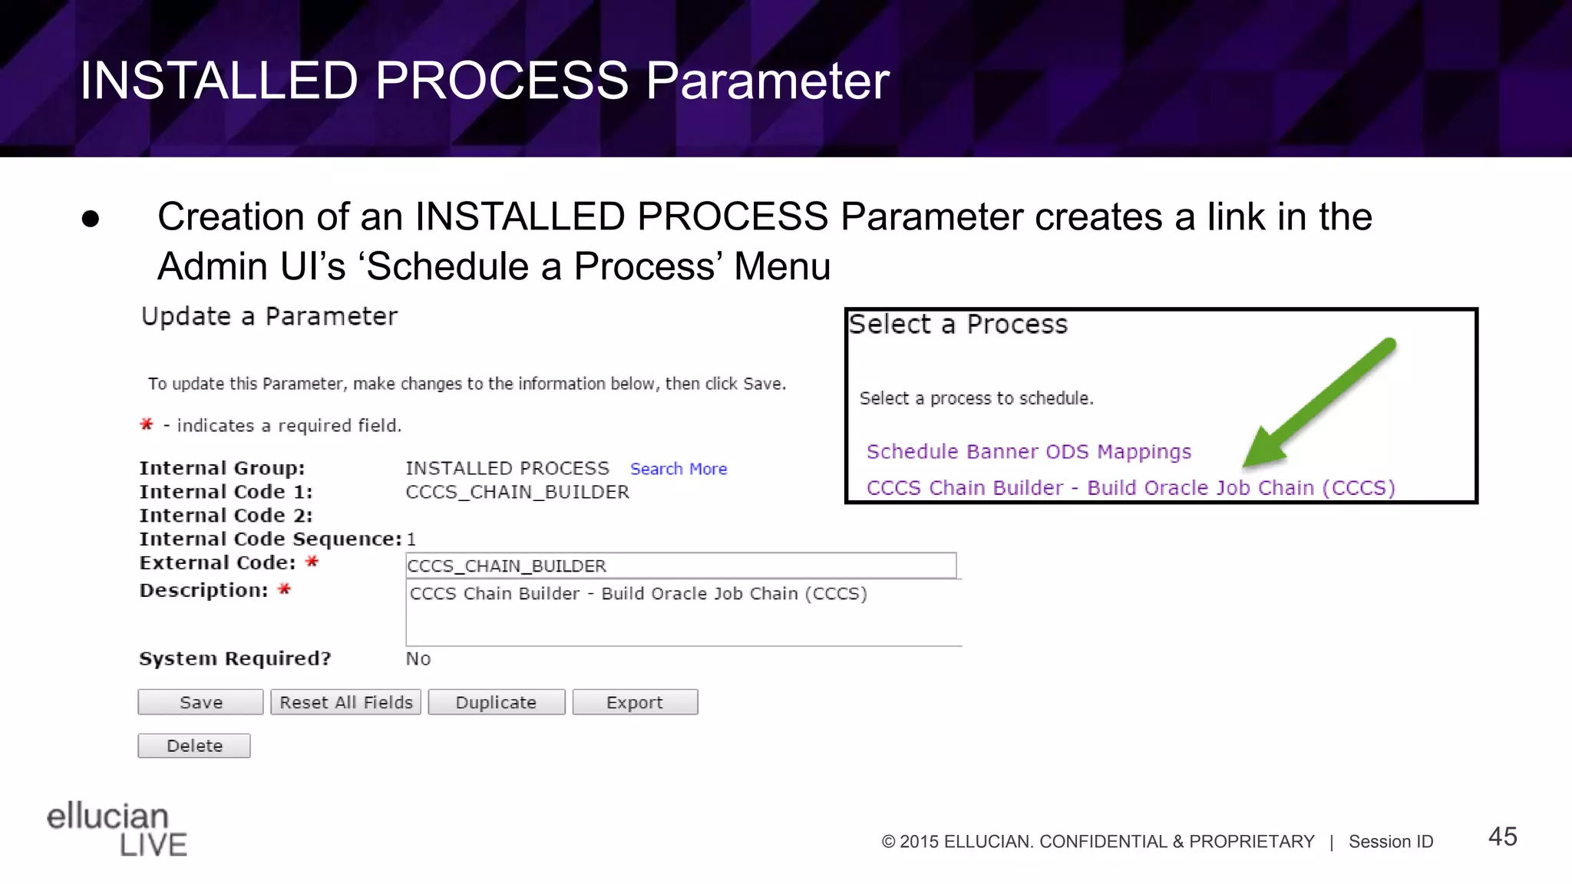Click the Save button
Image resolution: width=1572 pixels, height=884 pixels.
(200, 702)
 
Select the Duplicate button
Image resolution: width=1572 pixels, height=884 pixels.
(496, 702)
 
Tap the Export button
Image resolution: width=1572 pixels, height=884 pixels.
(635, 702)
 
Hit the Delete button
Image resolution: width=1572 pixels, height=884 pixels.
(194, 746)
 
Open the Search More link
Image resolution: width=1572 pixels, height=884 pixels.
(679, 469)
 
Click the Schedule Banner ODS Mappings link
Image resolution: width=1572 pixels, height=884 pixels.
(1029, 451)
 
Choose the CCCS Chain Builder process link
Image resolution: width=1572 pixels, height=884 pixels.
(1130, 487)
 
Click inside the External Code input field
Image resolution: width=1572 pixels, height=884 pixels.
(680, 566)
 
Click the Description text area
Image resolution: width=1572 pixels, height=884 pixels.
(683, 614)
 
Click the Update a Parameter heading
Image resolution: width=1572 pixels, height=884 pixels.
(269, 316)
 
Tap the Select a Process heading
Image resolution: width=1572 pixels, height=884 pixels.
(958, 325)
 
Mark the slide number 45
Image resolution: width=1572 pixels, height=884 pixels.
(1502, 836)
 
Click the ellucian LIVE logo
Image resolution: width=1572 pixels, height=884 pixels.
(117, 829)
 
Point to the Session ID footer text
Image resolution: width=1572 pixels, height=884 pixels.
(1390, 842)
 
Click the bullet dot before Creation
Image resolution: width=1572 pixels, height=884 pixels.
(91, 219)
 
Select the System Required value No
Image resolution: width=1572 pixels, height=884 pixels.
(418, 658)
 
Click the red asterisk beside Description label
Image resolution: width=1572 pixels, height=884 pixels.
(284, 589)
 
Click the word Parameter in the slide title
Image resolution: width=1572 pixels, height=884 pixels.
(767, 81)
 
